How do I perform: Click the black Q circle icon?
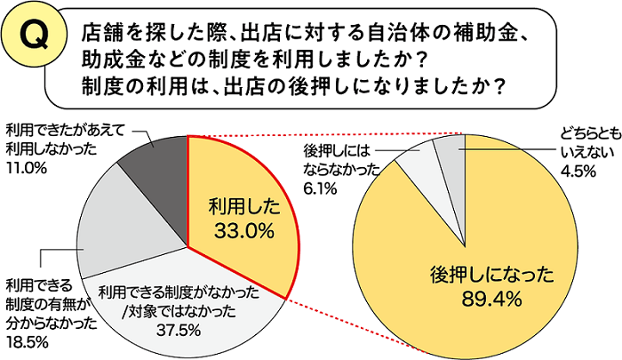pos(34,38)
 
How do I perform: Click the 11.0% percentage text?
pos(26,166)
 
